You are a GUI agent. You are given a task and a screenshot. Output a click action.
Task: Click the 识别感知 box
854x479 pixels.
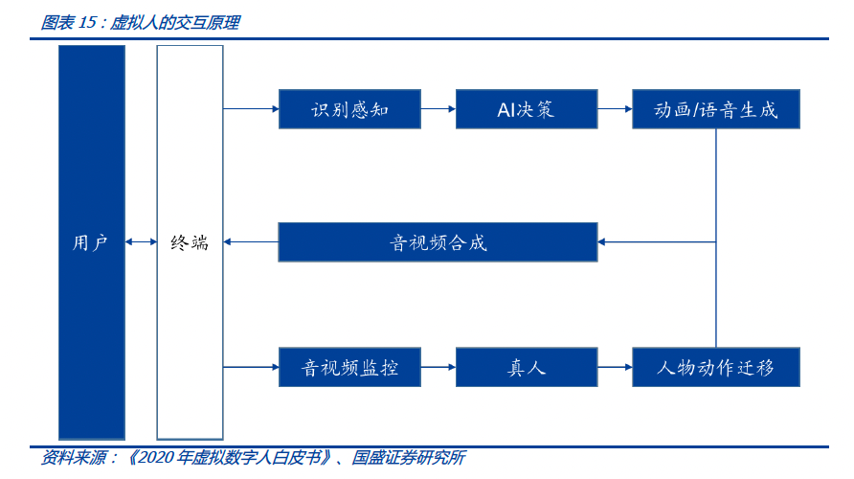(349, 109)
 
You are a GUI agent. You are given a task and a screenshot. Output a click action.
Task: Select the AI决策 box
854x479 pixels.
(526, 109)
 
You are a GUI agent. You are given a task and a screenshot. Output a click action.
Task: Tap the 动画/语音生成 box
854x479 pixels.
(715, 109)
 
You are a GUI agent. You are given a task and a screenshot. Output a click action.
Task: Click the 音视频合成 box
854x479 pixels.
(438, 241)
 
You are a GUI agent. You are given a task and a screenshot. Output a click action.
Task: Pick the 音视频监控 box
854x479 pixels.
(349, 367)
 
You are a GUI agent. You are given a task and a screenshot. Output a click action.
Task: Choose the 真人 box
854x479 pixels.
(526, 367)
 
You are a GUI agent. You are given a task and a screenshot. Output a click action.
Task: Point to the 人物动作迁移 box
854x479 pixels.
(715, 367)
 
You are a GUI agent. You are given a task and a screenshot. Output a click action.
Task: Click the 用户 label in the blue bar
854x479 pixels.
(91, 242)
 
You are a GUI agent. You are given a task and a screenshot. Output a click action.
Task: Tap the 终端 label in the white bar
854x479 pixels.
(190, 242)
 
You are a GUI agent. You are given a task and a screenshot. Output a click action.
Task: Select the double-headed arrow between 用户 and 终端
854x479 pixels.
(141, 242)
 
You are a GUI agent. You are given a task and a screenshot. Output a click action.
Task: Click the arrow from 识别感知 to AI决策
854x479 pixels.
(438, 109)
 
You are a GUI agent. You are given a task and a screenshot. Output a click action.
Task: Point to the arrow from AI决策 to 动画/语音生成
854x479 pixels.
(615, 109)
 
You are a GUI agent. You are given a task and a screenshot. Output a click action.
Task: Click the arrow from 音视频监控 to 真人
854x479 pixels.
(438, 367)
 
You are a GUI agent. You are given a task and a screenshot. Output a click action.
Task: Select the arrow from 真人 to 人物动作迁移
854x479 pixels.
(615, 367)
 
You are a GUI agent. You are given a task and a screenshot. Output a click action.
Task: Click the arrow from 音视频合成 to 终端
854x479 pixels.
(251, 241)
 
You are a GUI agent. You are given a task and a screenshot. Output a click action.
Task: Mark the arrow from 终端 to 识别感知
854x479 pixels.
(251, 109)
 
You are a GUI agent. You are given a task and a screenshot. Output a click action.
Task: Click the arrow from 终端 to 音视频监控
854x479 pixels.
(251, 367)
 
